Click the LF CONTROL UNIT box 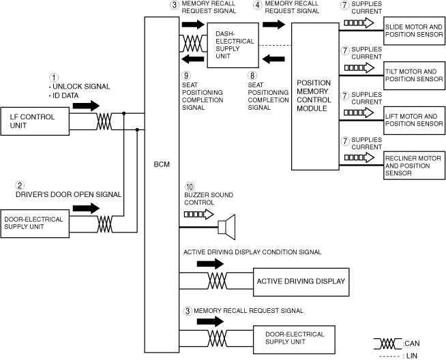click(35, 121)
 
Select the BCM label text click(162, 164)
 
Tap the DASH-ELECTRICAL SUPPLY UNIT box click(233, 45)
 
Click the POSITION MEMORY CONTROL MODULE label click(314, 95)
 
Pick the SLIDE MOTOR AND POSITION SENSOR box click(414, 31)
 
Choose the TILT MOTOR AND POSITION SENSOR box click(414, 76)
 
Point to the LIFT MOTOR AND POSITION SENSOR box click(414, 121)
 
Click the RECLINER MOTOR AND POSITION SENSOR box click(414, 166)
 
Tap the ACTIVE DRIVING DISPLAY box click(301, 282)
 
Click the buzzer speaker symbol click(226, 227)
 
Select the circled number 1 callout click(54, 77)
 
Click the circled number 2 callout click(20, 185)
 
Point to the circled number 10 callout click(190, 187)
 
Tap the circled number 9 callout click(186, 76)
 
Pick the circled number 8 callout click(252, 76)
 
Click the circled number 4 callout click(258, 5)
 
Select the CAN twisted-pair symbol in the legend click(387, 344)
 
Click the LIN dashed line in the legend click(389, 357)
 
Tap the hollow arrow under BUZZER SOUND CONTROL click(199, 214)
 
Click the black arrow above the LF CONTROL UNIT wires click(86, 106)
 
